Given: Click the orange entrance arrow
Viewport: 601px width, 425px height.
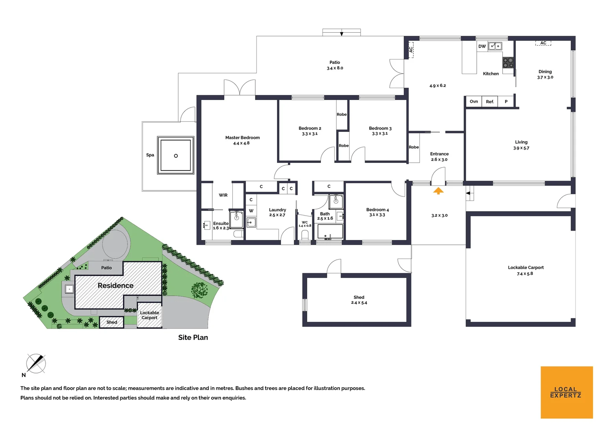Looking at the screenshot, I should [438, 191].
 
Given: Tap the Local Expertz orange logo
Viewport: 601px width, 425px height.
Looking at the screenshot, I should [566, 392].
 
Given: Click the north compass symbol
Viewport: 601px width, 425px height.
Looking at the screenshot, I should [35, 363].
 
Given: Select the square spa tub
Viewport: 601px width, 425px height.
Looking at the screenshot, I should [176, 155].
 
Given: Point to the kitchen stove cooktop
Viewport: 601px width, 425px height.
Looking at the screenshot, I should [508, 63].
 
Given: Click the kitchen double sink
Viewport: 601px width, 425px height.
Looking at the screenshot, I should [495, 46].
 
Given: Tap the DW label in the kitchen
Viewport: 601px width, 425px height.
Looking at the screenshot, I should [482, 46].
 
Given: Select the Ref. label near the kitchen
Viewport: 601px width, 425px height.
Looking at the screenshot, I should [490, 102].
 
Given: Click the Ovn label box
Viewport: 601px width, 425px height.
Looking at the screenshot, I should [474, 102].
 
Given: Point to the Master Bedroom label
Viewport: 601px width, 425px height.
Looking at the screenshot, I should [242, 138].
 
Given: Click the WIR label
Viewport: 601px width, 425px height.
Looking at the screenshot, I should [223, 195].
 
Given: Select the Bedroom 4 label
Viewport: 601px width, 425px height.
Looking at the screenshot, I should [377, 210].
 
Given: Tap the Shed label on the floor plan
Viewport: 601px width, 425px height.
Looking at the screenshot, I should [359, 297].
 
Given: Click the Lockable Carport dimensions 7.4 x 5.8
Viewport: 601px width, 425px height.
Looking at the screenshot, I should [525, 273].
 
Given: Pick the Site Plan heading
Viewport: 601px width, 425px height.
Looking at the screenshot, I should [193, 337].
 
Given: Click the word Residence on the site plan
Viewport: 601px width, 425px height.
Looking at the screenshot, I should [115, 285].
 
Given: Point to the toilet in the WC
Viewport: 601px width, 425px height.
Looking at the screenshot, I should [305, 235].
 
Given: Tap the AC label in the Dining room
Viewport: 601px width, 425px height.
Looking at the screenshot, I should [543, 43].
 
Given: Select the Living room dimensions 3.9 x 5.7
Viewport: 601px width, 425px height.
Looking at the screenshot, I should [521, 148].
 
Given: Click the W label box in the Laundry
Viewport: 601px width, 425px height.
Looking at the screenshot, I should [251, 211].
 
